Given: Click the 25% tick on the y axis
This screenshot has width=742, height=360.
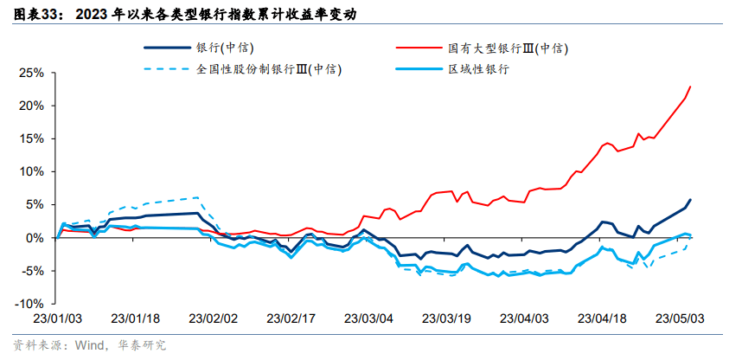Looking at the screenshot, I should pos(29,73).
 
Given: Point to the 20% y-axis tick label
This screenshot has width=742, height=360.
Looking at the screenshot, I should pos(29,106).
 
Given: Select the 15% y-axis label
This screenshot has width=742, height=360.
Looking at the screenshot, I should pos(29,138).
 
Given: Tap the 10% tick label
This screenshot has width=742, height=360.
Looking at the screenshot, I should pos(29,171).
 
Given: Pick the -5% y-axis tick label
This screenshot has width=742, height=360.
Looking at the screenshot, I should pos(29,270).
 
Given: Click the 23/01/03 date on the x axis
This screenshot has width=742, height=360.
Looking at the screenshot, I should pos(57,318).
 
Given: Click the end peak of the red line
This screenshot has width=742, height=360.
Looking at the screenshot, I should pos(690,87).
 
